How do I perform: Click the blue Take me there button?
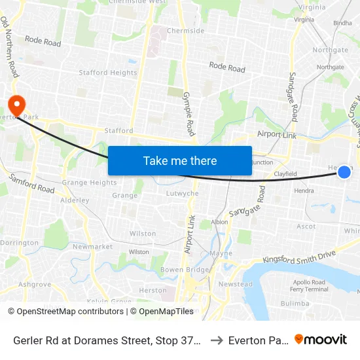point(180,160)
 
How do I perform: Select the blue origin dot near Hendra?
point(344,172)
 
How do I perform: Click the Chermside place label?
point(186,31)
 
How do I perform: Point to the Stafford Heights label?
point(108,73)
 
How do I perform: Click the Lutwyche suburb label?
point(183,194)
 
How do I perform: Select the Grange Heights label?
point(89,183)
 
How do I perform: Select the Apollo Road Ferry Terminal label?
point(310,285)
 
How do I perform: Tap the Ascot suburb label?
point(306,226)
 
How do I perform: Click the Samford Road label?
point(31,183)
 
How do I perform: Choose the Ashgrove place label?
point(35,284)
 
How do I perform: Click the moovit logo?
point(321,340)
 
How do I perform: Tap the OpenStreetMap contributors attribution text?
point(65,312)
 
